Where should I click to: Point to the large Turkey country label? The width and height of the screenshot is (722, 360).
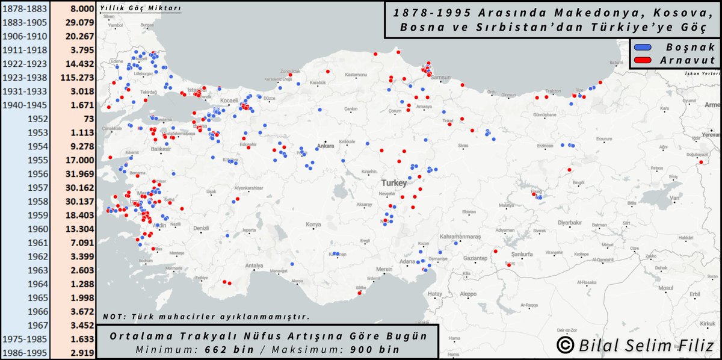[395, 181]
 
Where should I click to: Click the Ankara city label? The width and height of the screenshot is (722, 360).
[326, 146]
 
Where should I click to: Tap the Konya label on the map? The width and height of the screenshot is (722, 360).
[313, 225]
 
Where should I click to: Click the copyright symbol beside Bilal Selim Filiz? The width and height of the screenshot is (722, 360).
[564, 345]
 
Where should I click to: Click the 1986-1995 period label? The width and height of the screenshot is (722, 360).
[25, 353]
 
